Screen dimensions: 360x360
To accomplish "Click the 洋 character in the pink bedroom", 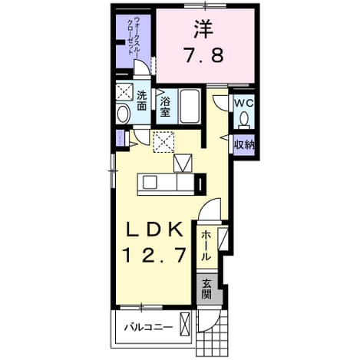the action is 203,28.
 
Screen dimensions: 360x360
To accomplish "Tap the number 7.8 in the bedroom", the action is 204,54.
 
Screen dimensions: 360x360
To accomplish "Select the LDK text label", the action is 154,229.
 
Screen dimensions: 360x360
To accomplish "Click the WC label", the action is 244,104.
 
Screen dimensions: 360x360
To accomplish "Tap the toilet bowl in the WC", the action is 244,120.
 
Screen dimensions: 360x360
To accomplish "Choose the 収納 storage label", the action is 245,145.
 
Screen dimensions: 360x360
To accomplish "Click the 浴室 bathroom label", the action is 165,107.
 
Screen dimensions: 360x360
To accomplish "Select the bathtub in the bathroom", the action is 190,106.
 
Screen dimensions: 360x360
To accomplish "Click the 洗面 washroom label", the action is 141,101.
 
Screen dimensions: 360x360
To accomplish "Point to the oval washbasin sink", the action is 124,114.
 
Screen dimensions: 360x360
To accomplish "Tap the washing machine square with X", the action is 124,91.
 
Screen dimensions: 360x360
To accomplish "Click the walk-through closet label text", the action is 134,36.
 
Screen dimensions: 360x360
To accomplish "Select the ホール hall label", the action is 206,246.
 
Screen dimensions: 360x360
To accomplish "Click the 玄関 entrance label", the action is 206,289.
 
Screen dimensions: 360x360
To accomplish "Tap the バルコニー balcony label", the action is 148,327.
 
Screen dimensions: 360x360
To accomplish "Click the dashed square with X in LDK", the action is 163,142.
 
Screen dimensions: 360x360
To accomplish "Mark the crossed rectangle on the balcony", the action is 185,325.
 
